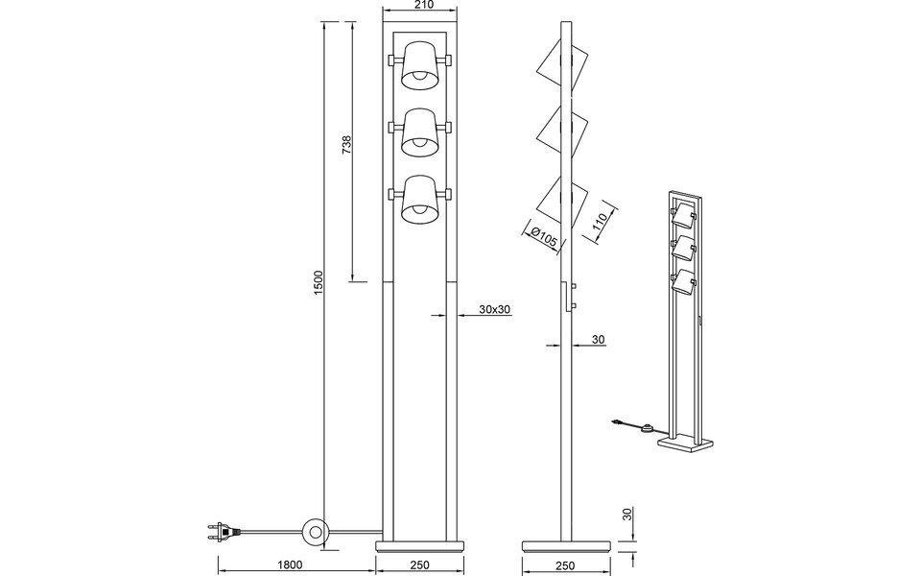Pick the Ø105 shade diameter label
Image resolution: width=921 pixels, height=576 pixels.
tap(542, 237)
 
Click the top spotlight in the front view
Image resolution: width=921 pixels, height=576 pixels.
tap(420, 62)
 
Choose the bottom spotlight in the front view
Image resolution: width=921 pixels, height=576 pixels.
tap(420, 197)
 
